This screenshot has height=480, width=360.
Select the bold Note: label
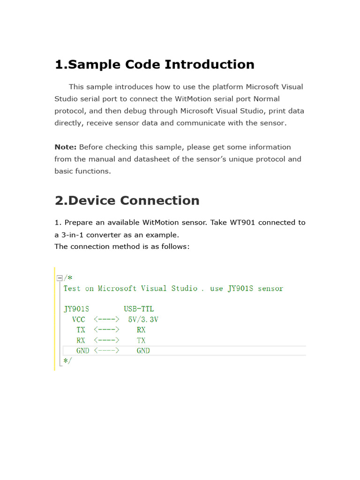tap(65, 147)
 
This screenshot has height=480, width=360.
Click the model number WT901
tap(242, 222)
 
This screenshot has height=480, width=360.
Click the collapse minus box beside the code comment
tap(59, 278)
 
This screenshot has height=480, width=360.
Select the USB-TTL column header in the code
tap(139, 309)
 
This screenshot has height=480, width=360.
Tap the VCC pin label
tap(79, 320)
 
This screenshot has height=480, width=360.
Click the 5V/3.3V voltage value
tap(143, 320)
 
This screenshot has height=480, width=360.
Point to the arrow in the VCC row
tap(107, 320)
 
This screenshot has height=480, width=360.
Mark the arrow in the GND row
tap(107, 351)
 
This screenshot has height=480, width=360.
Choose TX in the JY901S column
tap(81, 330)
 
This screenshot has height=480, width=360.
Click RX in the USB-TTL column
tap(141, 330)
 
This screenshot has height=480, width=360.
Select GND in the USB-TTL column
tap(143, 351)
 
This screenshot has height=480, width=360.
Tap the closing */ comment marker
tap(67, 360)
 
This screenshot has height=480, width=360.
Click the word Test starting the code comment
tap(72, 289)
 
